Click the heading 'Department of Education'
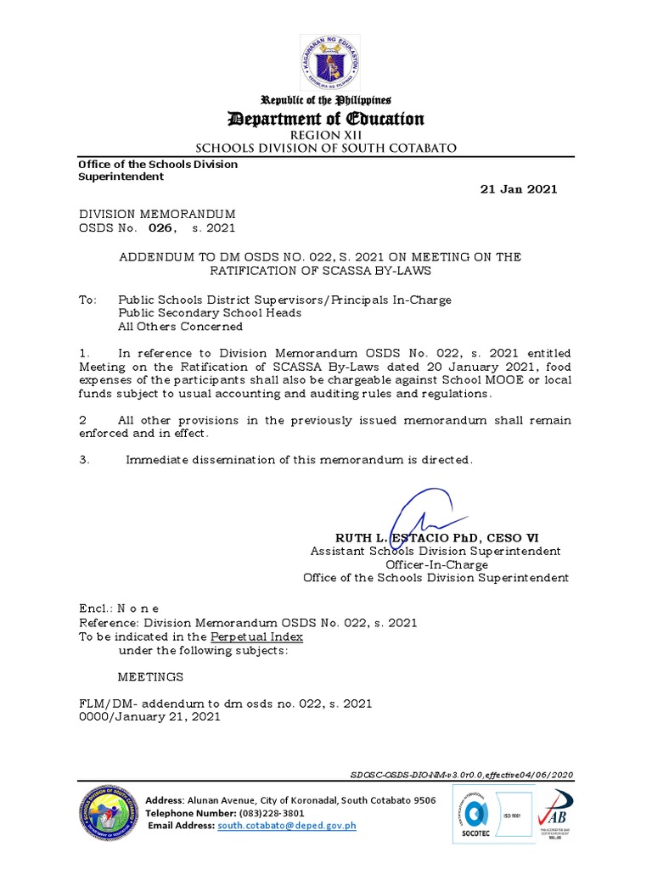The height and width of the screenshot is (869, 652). pos(326,119)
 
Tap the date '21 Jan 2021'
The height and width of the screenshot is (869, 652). pos(519,189)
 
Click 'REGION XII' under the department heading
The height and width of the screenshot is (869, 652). pos(326,135)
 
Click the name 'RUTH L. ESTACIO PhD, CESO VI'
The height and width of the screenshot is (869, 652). pos(436,538)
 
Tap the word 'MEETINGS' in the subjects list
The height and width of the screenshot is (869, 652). pos(149,677)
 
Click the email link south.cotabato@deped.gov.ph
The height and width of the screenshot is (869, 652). pos(287,825)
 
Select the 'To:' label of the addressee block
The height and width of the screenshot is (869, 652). pos(87,300)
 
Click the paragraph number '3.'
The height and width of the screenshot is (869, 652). pos(83,460)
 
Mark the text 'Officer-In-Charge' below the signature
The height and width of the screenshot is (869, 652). pos(436,564)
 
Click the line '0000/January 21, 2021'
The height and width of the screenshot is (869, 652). pos(149,716)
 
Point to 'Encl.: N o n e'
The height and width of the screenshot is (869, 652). pos(119,609)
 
